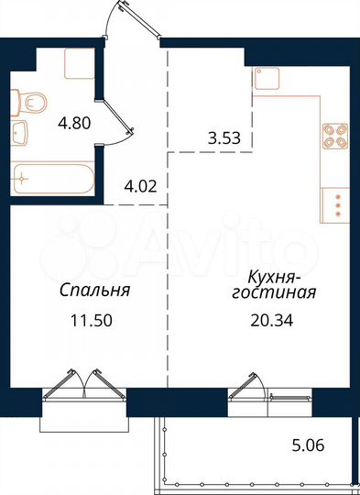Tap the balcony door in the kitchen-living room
(249, 390)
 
